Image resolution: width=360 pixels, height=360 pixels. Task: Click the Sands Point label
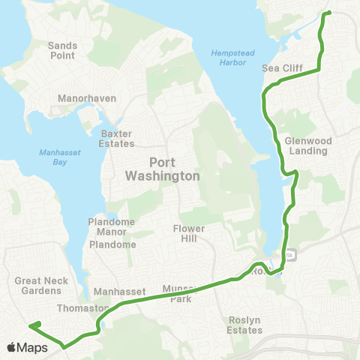[63, 50]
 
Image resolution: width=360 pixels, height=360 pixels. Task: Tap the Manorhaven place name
[85, 98]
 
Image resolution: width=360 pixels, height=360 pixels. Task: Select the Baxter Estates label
[116, 139]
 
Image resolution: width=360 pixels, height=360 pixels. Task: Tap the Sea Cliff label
[281, 67]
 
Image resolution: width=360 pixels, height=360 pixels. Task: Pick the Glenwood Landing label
[307, 145]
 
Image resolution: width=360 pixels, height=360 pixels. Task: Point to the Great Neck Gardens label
[37, 286]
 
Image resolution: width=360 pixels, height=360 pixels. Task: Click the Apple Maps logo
[28, 347]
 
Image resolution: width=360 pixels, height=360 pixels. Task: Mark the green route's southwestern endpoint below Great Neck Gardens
[31, 325]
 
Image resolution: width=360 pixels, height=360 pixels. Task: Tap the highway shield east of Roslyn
[290, 255]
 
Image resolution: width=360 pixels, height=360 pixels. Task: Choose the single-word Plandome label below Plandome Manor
[112, 244]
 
